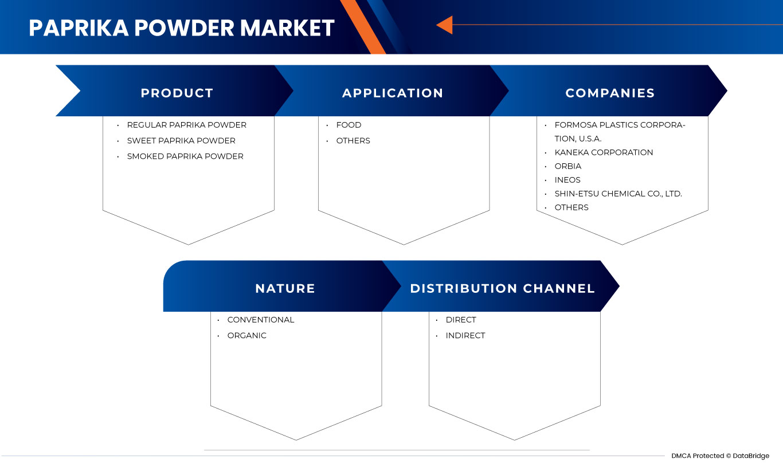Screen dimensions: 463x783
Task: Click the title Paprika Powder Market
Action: (x=181, y=28)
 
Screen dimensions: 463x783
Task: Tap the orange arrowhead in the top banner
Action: (x=445, y=25)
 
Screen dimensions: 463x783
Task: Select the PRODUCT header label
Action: (x=177, y=93)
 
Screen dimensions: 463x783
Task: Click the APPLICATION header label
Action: (x=393, y=93)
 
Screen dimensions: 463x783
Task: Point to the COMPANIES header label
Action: (x=610, y=93)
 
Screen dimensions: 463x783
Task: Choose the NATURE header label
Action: (x=285, y=288)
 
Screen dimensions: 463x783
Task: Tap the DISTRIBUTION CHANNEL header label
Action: (x=502, y=288)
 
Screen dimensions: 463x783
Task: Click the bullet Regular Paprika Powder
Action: (x=186, y=125)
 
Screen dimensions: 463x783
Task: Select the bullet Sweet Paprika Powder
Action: (x=181, y=140)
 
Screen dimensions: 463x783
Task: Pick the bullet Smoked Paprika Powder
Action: (x=185, y=156)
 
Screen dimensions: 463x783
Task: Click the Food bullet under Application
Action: (x=349, y=125)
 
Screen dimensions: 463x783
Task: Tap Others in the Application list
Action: (x=353, y=140)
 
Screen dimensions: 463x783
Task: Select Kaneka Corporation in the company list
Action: (x=604, y=152)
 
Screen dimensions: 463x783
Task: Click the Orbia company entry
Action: (x=567, y=166)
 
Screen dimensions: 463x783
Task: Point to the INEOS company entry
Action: (x=567, y=180)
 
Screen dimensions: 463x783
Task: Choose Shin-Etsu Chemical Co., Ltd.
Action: (x=618, y=194)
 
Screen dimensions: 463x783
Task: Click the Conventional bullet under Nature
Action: (x=260, y=320)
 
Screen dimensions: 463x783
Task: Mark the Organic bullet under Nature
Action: (x=246, y=336)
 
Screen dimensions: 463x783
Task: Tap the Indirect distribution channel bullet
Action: (x=465, y=336)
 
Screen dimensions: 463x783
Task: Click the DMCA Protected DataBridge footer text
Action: (x=720, y=456)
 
